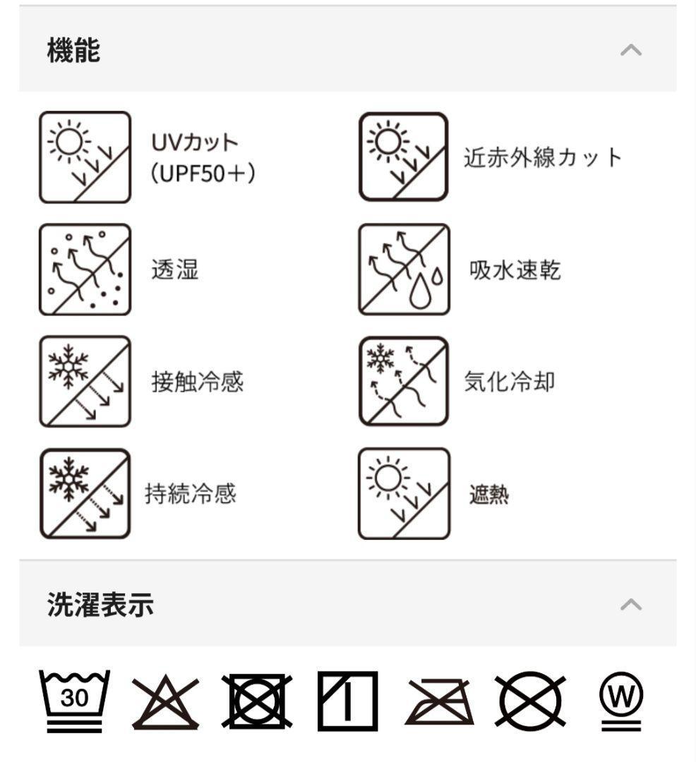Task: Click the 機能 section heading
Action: pos(74,50)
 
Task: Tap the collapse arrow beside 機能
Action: pos(631,50)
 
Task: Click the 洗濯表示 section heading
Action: pos(101,605)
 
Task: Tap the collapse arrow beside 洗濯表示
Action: pos(631,605)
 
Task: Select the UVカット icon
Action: pos(85,157)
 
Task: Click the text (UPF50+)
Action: pos(203,173)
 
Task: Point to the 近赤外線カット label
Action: pos(543,157)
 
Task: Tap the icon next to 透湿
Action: pos(85,270)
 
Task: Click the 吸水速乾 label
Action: pos(515,270)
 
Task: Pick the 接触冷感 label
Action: pos(198,382)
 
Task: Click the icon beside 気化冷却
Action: pos(403,382)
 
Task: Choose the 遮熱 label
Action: pos(489,495)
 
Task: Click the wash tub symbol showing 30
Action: pos(74,701)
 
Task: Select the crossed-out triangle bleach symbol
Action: pos(166,701)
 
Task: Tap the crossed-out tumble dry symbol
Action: pos(257,701)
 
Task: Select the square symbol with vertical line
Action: pos(347,701)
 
